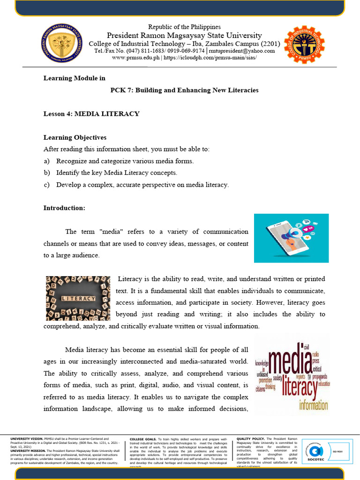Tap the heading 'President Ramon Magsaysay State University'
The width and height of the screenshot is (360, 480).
[184, 36]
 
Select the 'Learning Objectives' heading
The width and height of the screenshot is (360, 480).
[75, 137]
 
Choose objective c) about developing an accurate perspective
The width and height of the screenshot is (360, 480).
[136, 185]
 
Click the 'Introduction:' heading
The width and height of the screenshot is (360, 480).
[64, 208]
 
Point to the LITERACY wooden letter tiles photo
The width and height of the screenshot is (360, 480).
[78, 298]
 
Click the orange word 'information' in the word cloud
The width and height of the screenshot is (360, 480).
[307, 404]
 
